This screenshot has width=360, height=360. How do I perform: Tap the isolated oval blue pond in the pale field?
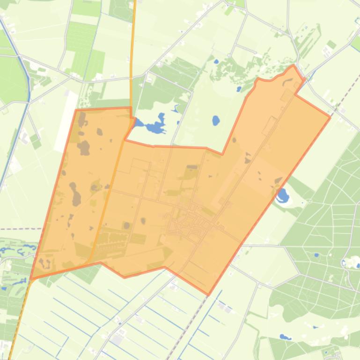(216, 121)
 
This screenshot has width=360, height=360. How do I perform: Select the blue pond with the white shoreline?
(282, 195)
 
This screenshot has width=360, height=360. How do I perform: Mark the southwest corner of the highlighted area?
(31, 279)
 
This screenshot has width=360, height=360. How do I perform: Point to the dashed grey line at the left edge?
(19, 229)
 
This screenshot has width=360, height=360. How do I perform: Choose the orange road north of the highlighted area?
(132, 47)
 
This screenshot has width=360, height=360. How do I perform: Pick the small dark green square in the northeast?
(331, 45)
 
